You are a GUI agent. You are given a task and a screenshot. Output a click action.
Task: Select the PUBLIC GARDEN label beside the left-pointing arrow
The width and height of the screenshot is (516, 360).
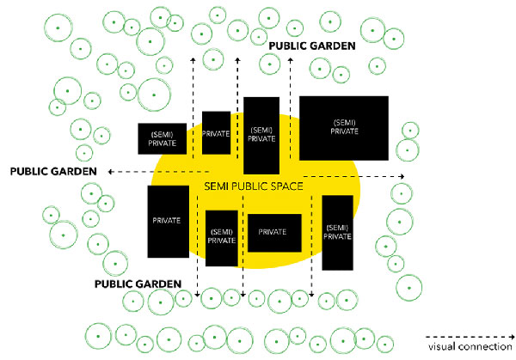[53, 171]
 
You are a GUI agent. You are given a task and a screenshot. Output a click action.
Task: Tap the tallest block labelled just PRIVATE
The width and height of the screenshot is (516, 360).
[167, 221]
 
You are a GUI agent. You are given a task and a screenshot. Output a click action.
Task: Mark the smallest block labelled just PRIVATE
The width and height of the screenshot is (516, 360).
[216, 133]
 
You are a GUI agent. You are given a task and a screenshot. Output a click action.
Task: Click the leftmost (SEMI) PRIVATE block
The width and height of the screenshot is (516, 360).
[163, 139]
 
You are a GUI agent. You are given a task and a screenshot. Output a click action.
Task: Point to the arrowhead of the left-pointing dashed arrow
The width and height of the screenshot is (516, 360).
[110, 172]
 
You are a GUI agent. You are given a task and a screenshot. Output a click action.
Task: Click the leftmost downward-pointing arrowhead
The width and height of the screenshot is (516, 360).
[198, 296]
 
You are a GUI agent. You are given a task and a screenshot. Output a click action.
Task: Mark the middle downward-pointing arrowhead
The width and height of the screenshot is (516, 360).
[243, 296]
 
